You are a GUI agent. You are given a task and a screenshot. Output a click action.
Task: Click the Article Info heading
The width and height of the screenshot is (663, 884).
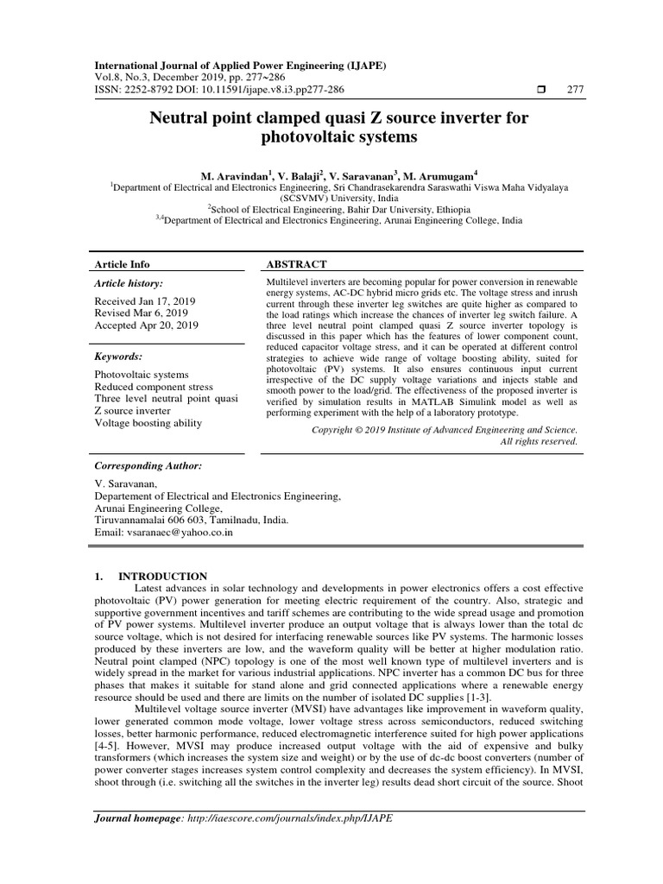(122, 264)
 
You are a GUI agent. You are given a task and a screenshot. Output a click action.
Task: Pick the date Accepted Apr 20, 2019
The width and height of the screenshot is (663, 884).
(146, 325)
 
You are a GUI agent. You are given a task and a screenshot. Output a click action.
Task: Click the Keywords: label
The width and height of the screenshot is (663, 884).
(118, 356)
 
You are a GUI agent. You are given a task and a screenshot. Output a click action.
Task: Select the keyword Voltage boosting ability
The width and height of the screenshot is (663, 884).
(148, 423)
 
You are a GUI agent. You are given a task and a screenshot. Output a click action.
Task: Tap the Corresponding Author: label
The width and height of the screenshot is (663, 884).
(148, 465)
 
